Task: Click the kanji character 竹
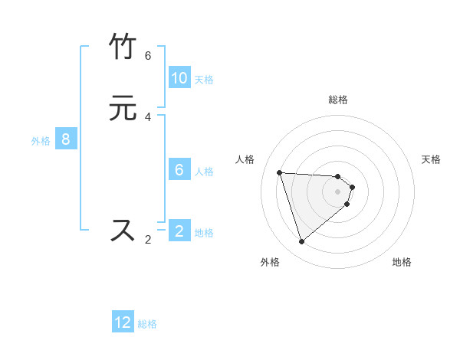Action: coord(123,47)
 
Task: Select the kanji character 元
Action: coord(123,108)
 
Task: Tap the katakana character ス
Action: coord(123,230)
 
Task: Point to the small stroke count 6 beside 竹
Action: coord(148,56)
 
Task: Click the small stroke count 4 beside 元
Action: coord(148,116)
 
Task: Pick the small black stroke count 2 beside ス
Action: coord(148,239)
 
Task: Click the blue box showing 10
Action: coord(179,78)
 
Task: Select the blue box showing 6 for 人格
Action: coord(179,170)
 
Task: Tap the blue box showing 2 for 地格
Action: coord(179,231)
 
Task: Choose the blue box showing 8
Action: coord(66,139)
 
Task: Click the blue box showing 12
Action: coord(123,322)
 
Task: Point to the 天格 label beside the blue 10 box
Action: coord(204,80)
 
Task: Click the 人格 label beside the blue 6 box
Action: coord(204,172)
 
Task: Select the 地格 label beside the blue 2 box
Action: coord(204,233)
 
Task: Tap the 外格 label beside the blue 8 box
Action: coord(41,141)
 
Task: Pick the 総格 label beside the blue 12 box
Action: coord(147,324)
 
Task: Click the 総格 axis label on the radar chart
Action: coord(338,100)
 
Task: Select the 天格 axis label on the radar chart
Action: coord(431,159)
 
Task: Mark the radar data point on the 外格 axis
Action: coord(301,242)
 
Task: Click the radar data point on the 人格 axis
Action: coord(279,172)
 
